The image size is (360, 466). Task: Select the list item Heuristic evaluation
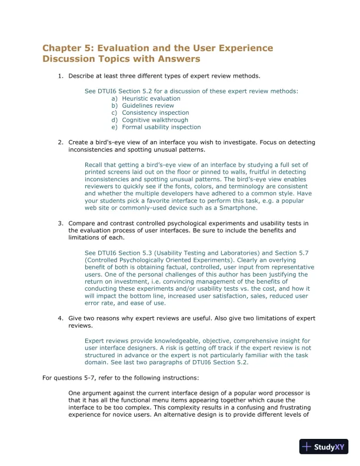tap(143, 99)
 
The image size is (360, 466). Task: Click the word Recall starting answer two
tap(95, 165)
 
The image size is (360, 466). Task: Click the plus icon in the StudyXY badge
tap(307, 447)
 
